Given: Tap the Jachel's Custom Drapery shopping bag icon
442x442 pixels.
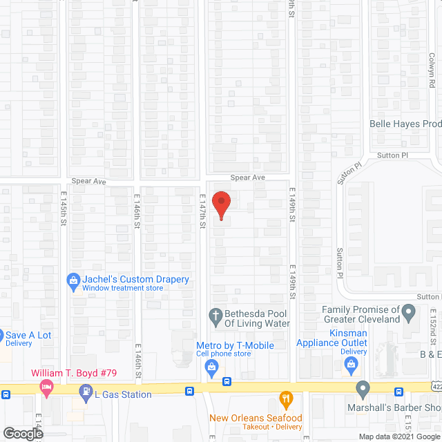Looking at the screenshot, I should point(73,280).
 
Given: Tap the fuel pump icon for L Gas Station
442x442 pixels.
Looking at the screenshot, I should point(85,394).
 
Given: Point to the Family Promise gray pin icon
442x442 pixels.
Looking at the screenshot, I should point(409,315).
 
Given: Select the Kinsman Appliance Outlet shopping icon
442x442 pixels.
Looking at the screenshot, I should point(352,364).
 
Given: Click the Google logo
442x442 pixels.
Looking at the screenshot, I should point(22,434).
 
